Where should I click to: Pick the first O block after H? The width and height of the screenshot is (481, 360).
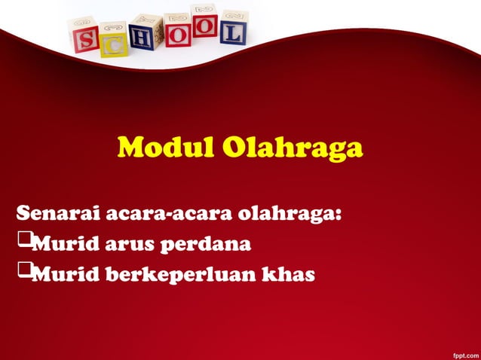click(177, 29)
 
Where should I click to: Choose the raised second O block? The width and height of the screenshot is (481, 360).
click(204, 20)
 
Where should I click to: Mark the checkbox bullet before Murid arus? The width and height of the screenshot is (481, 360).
click(23, 241)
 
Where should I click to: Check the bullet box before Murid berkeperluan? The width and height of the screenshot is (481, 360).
click(23, 270)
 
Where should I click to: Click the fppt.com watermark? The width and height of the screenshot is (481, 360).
click(463, 353)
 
